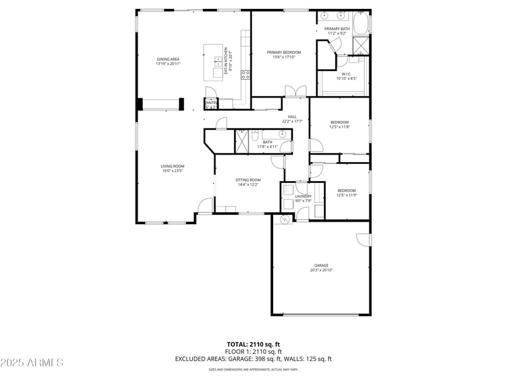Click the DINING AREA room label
point(167,60)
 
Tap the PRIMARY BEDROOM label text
point(283,53)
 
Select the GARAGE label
point(321,265)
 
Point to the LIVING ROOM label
point(172,166)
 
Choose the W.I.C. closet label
point(346,74)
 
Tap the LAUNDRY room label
point(303,196)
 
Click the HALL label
point(292,117)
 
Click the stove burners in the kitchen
point(245,74)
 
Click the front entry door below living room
point(204,206)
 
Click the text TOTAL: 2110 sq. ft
point(253,344)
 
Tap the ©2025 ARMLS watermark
point(32,363)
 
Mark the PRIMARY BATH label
point(337,29)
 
